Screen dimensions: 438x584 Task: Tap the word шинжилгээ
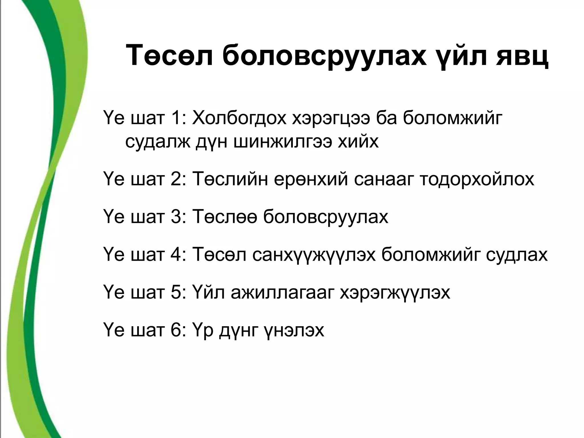coord(282,142)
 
